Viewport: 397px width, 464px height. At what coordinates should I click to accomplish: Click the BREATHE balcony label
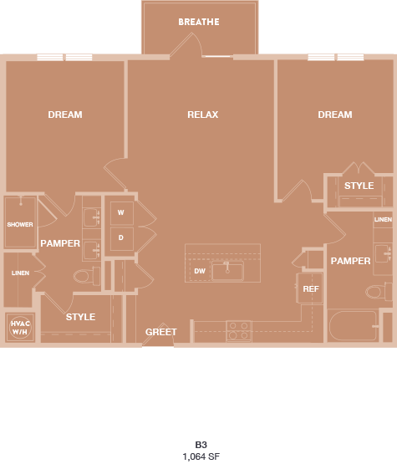pyautogui.click(x=199, y=22)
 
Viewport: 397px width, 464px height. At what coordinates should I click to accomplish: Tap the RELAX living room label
pyautogui.click(x=203, y=115)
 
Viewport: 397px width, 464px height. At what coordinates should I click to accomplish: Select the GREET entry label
pyautogui.click(x=161, y=332)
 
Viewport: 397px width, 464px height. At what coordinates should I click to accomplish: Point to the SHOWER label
pyautogui.click(x=20, y=224)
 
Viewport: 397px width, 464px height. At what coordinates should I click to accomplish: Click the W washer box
pyautogui.click(x=120, y=212)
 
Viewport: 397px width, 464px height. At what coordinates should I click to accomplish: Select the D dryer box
pyautogui.click(x=120, y=237)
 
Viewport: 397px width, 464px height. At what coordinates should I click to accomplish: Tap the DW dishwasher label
pyautogui.click(x=200, y=271)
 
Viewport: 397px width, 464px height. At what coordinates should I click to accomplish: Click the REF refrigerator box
pyautogui.click(x=311, y=288)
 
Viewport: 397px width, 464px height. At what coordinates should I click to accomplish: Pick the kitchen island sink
pyautogui.click(x=226, y=270)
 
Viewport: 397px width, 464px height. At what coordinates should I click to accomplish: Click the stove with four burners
pyautogui.click(x=238, y=330)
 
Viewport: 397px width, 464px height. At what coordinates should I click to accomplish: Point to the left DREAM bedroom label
pyautogui.click(x=65, y=115)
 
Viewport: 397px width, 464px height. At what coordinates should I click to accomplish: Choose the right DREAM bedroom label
pyautogui.click(x=335, y=115)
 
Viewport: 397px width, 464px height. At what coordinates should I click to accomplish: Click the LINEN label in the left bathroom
pyautogui.click(x=20, y=273)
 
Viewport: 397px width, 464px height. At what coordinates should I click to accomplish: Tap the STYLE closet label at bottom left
pyautogui.click(x=80, y=317)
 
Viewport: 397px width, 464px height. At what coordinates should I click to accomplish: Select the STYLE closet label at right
pyautogui.click(x=359, y=186)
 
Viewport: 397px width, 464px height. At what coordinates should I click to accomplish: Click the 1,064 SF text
pyautogui.click(x=201, y=456)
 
